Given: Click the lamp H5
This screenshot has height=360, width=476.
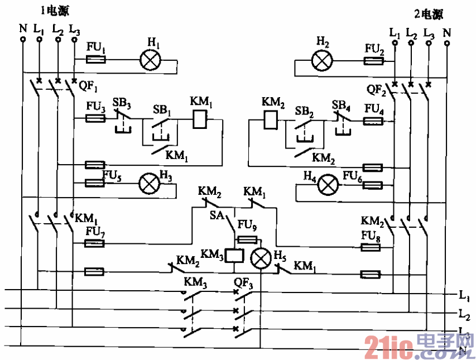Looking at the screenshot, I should click(259, 258).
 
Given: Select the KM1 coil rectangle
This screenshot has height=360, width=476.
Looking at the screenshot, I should click(200, 119).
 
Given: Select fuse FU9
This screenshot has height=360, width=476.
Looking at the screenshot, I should click(247, 240).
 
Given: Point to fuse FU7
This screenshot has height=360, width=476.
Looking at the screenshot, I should click(95, 243).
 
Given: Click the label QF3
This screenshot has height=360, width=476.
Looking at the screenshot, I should click(244, 283).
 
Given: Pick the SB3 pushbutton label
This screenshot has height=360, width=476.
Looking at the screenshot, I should click(122, 103).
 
